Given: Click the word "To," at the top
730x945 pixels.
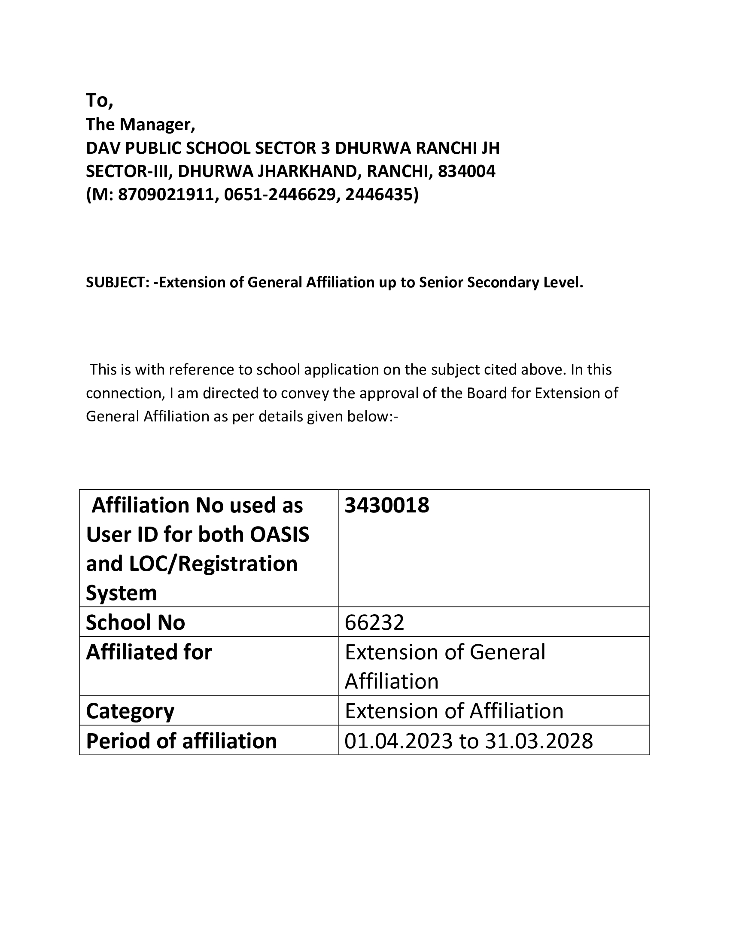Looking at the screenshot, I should [100, 101].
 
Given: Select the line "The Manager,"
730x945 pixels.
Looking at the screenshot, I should [140, 125].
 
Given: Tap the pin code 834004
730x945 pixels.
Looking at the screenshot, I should [467, 172].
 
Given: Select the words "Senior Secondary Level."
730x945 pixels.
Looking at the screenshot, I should [502, 283].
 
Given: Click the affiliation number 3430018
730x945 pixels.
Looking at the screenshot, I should [386, 506].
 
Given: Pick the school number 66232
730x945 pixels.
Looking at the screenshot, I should [374, 623].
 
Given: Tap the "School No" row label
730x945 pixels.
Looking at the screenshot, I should [135, 623].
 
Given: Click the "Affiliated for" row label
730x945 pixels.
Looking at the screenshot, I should [149, 652].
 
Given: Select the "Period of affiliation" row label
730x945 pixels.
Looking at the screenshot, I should [181, 741].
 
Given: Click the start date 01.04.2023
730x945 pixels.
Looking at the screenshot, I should [398, 741].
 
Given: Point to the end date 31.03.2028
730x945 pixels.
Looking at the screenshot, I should [539, 741].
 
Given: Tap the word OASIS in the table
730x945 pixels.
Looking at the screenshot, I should [280, 535].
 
